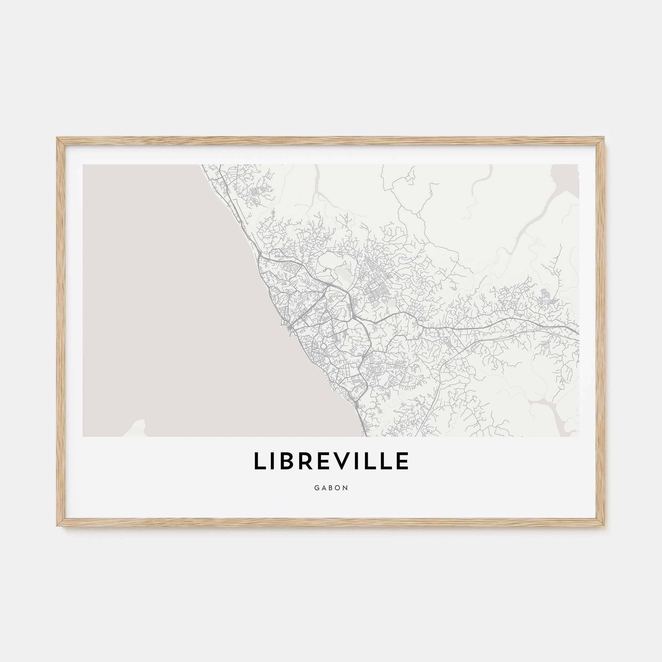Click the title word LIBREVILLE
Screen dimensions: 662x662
tap(331, 461)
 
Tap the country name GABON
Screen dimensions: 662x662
tap(331, 488)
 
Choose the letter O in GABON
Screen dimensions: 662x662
tap(338, 488)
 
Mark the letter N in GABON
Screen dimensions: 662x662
tap(346, 488)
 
